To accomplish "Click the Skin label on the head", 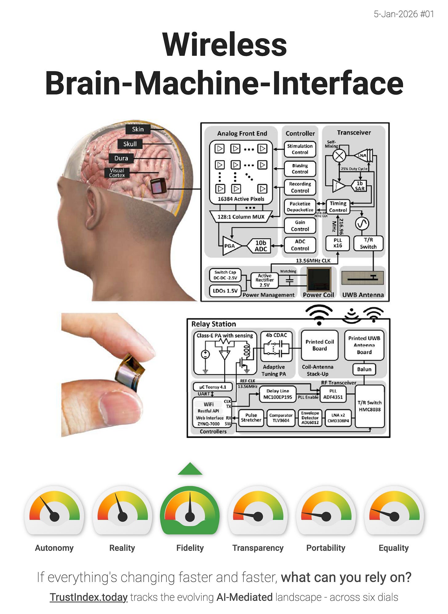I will coord(138,129).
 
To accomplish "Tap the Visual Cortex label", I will coord(117,173).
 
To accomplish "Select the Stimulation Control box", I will coord(300,149).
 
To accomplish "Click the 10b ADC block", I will coord(260,246).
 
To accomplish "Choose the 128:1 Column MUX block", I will coord(241,217).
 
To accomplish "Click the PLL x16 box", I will coord(338,243).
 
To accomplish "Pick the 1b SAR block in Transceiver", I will coord(359,186).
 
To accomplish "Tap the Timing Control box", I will coord(338,207).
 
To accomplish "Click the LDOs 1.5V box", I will coord(225,291).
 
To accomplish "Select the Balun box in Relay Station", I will coord(364,369).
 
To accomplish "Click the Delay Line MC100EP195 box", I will coord(278,394).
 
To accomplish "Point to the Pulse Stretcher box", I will coord(251,418).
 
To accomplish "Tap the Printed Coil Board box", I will coord(319,345).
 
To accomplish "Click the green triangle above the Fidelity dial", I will coord(190,469).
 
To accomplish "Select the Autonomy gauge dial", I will coord(54,511).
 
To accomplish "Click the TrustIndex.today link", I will coord(89,597).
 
